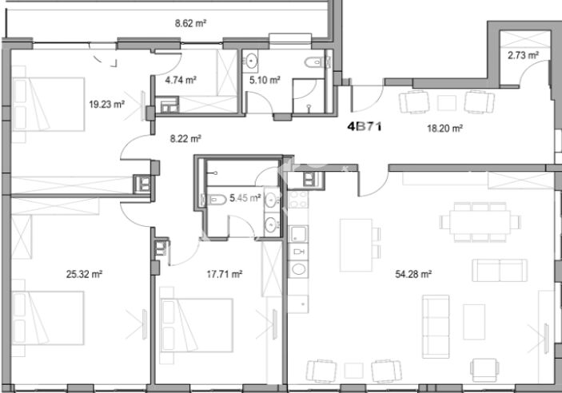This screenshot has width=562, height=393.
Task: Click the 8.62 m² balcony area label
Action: pyautogui.click(x=190, y=24)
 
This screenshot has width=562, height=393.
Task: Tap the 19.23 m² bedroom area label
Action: pyautogui.click(x=106, y=105)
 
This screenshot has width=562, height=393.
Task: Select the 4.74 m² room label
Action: pyautogui.click(x=181, y=80)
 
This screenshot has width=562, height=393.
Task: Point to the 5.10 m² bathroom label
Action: pyautogui.click(x=265, y=80)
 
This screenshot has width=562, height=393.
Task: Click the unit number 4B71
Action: pyautogui.click(x=365, y=126)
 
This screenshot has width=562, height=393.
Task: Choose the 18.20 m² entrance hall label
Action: pyautogui.click(x=444, y=129)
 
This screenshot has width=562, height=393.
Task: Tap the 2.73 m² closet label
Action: pyautogui.click(x=524, y=55)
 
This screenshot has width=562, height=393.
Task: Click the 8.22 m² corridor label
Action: pyautogui.click(x=185, y=139)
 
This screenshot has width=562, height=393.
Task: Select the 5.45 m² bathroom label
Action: pyautogui.click(x=245, y=198)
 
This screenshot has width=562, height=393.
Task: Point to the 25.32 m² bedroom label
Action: pyautogui.click(x=84, y=275)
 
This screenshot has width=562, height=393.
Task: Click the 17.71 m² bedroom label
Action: pyautogui.click(x=225, y=275)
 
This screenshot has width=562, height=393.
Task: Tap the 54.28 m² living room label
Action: pyautogui.click(x=413, y=275)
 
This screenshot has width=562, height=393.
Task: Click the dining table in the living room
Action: pyautogui.click(x=480, y=222)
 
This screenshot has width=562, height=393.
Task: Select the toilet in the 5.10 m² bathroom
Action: pyautogui.click(x=316, y=62)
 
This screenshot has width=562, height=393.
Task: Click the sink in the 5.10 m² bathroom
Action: pyautogui.click(x=250, y=61)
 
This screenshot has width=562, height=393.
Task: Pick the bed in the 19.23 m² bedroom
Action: pyautogui.click(x=49, y=104)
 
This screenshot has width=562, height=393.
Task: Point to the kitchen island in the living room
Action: pyautogui.click(x=357, y=245)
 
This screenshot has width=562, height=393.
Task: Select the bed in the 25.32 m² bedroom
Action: pyautogui.click(x=48, y=318)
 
